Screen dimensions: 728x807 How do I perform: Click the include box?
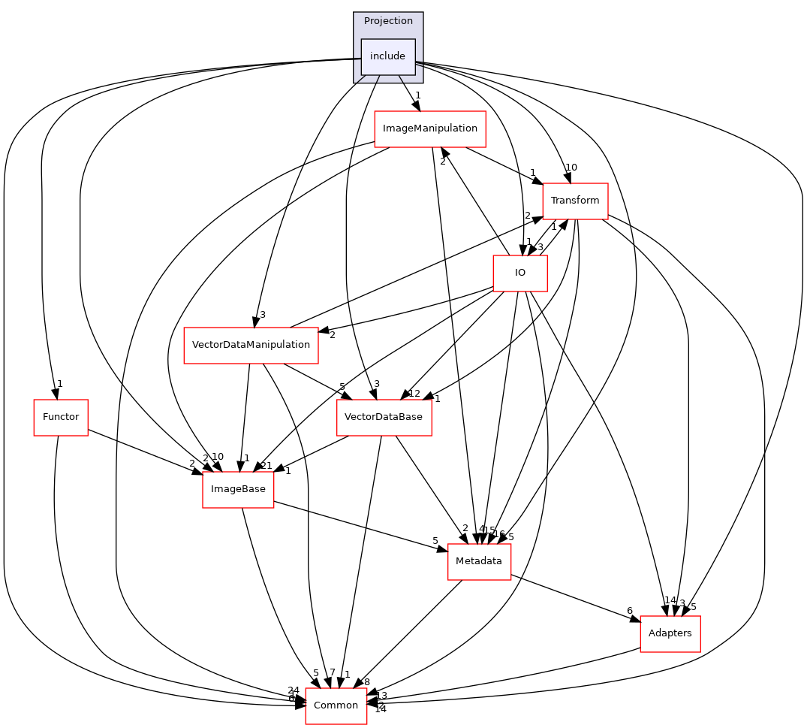[x=387, y=56]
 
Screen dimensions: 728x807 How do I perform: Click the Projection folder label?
[x=388, y=20]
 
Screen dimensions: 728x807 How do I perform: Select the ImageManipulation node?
[x=429, y=128]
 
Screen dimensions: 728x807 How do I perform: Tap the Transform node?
[x=575, y=201]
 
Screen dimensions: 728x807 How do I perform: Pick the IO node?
[x=519, y=273]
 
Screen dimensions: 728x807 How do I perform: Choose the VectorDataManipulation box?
[x=251, y=345]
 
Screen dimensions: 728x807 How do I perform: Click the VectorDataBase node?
[x=384, y=417]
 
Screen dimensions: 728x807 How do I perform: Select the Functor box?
[x=61, y=417]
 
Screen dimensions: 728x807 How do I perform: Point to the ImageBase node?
[x=238, y=489]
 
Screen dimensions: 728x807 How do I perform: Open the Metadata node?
[x=479, y=561]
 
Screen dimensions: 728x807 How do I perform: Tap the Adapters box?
[x=670, y=633]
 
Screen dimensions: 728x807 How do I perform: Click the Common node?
[x=336, y=705]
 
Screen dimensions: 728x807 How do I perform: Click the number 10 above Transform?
[x=571, y=168]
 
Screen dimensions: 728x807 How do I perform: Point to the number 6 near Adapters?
[x=630, y=611]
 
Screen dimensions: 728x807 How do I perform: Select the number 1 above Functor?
[x=59, y=384]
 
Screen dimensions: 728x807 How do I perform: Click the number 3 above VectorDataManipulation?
[x=263, y=314]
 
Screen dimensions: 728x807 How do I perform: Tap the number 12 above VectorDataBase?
[x=414, y=393]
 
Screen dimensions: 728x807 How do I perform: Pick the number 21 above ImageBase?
[x=266, y=466]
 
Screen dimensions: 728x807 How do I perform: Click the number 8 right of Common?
[x=367, y=682]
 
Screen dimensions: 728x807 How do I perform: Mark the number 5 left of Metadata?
[x=435, y=540]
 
